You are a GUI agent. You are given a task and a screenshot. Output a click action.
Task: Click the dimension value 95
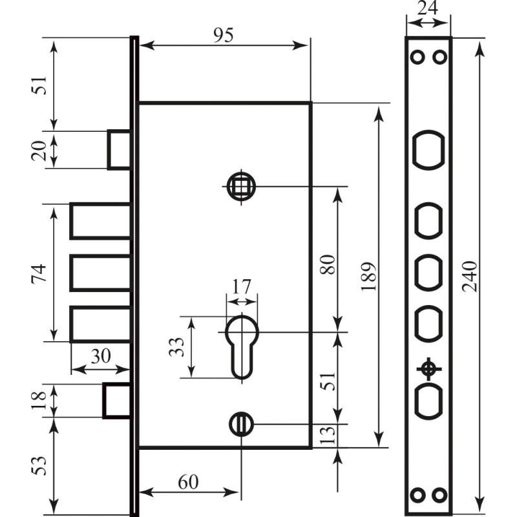224,36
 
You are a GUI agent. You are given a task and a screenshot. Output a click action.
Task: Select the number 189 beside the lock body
370,277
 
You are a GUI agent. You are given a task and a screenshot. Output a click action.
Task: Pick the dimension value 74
38,273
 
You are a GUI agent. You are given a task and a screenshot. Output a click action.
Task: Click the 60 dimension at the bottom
187,482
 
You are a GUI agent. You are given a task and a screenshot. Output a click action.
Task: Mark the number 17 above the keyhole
242,286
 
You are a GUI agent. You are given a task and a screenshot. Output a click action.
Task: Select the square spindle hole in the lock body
241,187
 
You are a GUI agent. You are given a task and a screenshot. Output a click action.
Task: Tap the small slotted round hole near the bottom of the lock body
241,424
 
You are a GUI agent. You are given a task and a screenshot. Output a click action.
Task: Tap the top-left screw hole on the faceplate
417,58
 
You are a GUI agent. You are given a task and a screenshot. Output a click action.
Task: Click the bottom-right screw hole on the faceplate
440,495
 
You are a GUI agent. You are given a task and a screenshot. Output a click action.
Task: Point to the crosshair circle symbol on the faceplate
428,369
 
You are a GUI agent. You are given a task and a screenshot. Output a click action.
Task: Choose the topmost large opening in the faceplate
428,149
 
